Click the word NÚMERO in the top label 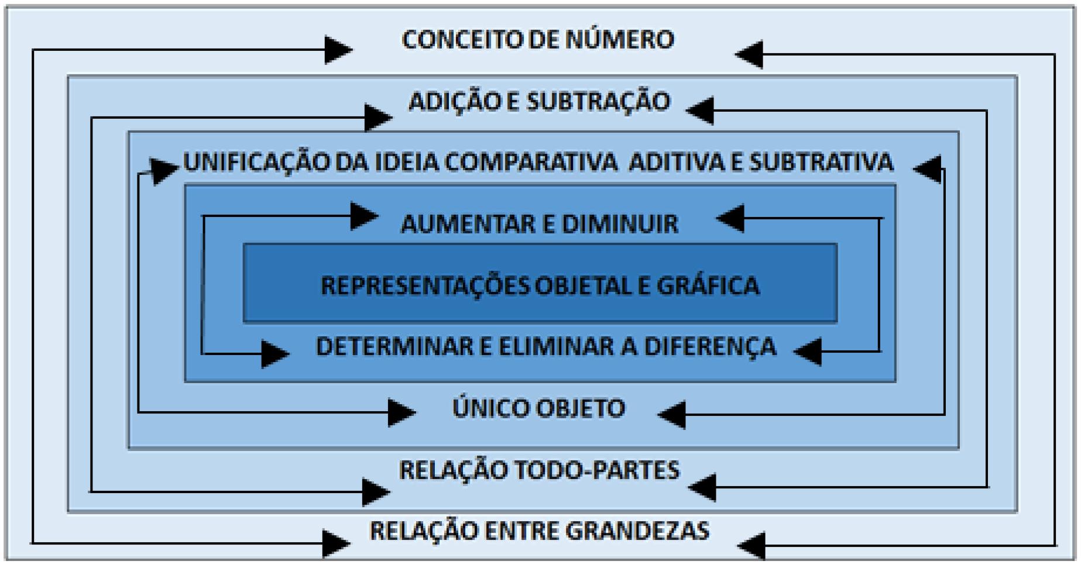pyautogui.click(x=620, y=40)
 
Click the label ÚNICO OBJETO pyautogui.click(x=538, y=408)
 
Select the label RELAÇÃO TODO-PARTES pyautogui.click(x=539, y=470)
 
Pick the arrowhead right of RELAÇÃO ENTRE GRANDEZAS pyautogui.click(x=751, y=545)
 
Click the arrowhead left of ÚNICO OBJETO pyautogui.click(x=401, y=412)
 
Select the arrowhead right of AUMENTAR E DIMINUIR pyautogui.click(x=730, y=218)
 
